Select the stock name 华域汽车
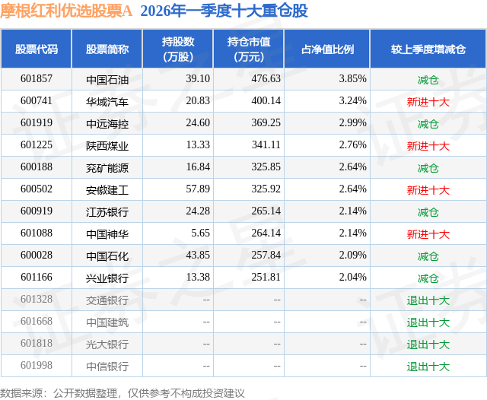pyautogui.click(x=107, y=100)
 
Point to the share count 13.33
pyautogui.click(x=197, y=145)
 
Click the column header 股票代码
pyautogui.click(x=36, y=49)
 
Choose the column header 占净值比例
pyautogui.click(x=327, y=49)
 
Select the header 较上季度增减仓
pyautogui.click(x=428, y=49)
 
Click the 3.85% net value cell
pyautogui.click(x=352, y=78)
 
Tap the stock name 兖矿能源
pyautogui.click(x=107, y=167)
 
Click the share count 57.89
pyautogui.click(x=197, y=189)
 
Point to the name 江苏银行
pyautogui.click(x=107, y=211)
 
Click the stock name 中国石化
pyautogui.click(x=107, y=256)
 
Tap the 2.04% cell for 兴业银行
pyautogui.click(x=352, y=278)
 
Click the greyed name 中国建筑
pyautogui.click(x=107, y=322)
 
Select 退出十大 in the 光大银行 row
pyautogui.click(x=428, y=344)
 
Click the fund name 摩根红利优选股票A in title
pyautogui.click(x=67, y=11)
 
